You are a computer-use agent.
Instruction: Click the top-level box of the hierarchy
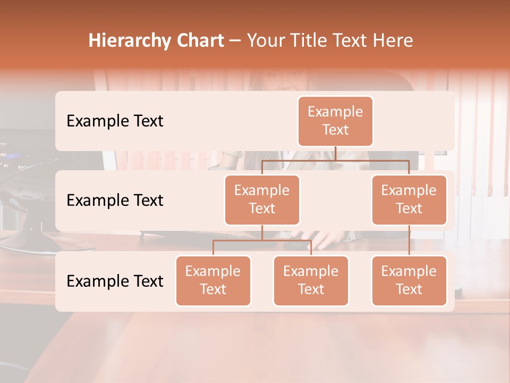[335, 121]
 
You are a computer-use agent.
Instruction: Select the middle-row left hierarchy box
[262, 200]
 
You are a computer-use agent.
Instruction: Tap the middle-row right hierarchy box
[409, 200]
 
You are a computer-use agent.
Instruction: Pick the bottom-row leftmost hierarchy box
[213, 281]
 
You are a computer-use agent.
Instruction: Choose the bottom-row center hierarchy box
[311, 281]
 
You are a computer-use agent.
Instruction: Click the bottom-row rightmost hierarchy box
[409, 281]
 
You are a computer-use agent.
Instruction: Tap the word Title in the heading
[307, 41]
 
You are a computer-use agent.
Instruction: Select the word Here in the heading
[393, 41]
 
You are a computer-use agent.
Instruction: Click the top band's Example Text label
[115, 121]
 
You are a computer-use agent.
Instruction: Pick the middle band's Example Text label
[115, 201]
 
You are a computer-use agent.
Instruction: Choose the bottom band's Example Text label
[115, 281]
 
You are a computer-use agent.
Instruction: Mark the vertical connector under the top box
[335, 153]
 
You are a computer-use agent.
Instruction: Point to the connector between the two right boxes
[409, 240]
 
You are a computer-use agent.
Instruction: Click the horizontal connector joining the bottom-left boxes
[262, 240]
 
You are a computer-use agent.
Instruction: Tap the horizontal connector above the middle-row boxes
[335, 160]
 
